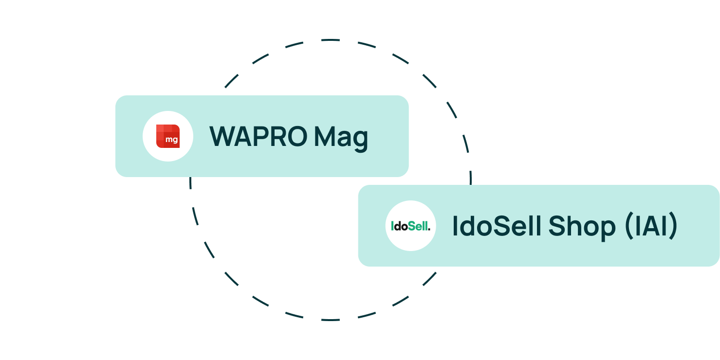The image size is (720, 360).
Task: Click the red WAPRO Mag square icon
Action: [x=168, y=136]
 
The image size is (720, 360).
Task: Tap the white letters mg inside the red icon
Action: [x=172, y=140]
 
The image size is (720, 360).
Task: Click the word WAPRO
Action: [x=258, y=137]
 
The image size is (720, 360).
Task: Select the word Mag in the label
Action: [x=341, y=139]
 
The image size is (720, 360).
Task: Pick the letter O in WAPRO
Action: [x=295, y=137]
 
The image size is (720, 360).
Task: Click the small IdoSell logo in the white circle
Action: [x=410, y=226]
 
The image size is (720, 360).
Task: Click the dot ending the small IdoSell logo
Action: [x=429, y=230]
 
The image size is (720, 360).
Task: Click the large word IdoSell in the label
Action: [x=497, y=226]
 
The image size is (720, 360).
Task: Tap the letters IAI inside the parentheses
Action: [x=651, y=226]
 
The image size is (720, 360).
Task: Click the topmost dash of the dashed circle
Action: [x=331, y=40]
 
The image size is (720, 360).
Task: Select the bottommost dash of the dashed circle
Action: [x=331, y=320]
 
